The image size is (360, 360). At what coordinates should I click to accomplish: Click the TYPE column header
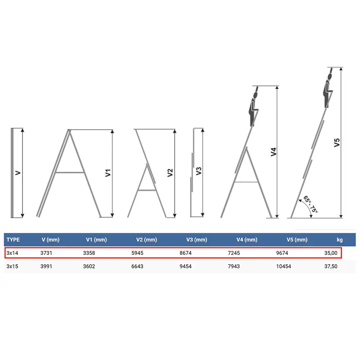(x=13, y=240)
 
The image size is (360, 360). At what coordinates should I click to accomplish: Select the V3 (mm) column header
(x=196, y=240)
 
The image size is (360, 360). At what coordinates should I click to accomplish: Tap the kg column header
(x=340, y=240)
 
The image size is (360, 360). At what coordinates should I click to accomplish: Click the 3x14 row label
(x=12, y=253)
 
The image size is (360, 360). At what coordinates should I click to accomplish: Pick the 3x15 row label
(x=12, y=266)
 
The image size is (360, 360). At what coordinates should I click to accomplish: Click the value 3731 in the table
(x=46, y=253)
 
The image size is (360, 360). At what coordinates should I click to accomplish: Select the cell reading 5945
(x=137, y=253)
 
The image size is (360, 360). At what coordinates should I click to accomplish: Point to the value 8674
(x=185, y=253)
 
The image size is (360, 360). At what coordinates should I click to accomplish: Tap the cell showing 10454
(x=283, y=266)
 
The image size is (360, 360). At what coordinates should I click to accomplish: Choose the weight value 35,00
(x=331, y=253)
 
